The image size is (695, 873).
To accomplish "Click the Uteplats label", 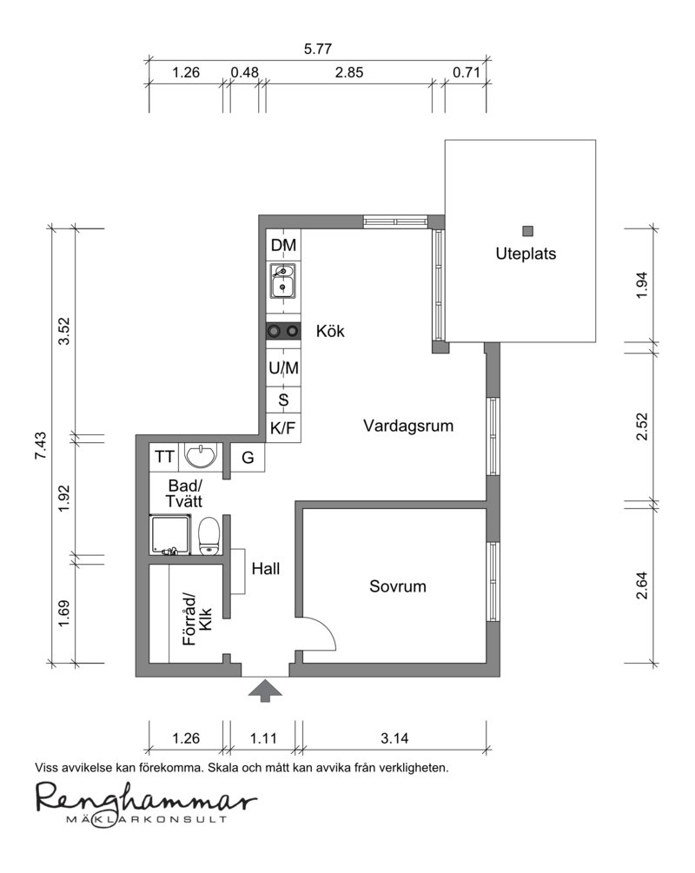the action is click(526, 254).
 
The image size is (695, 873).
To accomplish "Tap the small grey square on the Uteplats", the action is click(528, 230).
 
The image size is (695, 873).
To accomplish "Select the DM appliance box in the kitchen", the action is click(283, 244).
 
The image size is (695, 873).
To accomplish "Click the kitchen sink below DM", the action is click(283, 281).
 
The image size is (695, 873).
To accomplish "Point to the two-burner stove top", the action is click(283, 331).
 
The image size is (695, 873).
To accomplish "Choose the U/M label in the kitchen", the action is click(283, 368).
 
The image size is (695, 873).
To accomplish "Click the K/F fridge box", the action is click(283, 428).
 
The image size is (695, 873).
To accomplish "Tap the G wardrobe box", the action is click(248, 457).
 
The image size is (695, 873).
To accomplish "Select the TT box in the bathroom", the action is click(164, 457).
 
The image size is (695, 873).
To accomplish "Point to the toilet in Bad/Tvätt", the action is click(209, 536).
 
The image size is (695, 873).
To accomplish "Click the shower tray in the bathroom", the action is click(171, 534).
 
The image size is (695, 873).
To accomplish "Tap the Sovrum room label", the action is click(398, 586).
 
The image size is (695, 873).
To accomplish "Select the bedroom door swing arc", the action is click(328, 627).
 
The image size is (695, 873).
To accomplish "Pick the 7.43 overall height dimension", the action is click(41, 446).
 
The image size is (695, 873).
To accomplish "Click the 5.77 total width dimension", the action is click(317, 49).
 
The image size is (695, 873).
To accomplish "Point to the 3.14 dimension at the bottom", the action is click(394, 738).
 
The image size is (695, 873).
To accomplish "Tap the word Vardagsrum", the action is click(408, 426).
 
